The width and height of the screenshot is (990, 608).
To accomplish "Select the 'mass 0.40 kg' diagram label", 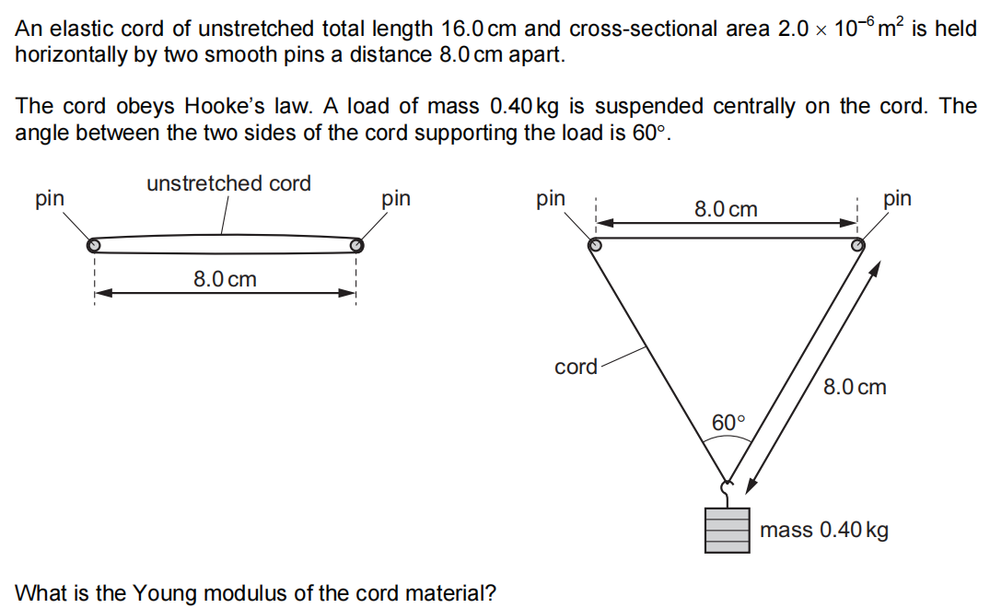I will pos(824,530).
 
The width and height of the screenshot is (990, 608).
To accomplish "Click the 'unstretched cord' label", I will pos(228,183).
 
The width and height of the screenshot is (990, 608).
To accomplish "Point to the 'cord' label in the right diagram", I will pos(576,367).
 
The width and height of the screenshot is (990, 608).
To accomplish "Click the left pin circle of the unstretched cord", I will pos(93,245).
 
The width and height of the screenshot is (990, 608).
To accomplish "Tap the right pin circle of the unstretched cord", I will pos(356,245).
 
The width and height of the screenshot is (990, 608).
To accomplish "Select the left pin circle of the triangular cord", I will pos(595,245).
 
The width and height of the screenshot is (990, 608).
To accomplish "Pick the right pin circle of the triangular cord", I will pos(857,245).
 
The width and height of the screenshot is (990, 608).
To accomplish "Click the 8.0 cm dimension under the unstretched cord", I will pos(225,278).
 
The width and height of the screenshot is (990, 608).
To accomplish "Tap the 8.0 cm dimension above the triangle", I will pos(726,209).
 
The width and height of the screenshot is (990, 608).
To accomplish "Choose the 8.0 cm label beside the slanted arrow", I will pos(855,387).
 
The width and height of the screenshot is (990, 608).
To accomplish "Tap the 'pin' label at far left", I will pos(49,198).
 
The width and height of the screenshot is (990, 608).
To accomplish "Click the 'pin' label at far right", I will pos(897,198).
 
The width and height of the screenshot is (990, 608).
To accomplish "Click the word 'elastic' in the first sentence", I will pos(78,29).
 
